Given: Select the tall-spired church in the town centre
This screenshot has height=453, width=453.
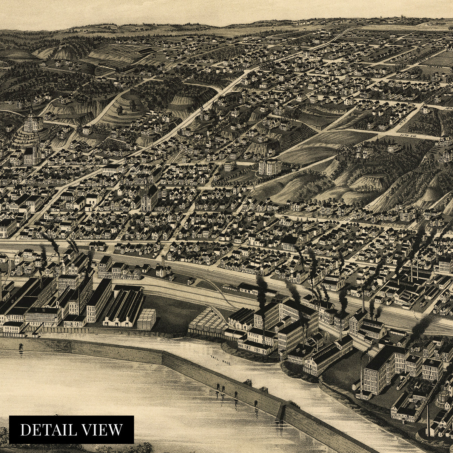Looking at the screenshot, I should point(148,196).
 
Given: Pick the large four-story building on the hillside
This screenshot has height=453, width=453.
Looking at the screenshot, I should point(270,166).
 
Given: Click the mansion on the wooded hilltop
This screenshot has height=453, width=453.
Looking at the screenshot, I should point(364,151).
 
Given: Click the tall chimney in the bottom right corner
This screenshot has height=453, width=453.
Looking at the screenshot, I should point(428,419).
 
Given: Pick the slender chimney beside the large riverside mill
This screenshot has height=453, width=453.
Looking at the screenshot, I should point(361,374).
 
